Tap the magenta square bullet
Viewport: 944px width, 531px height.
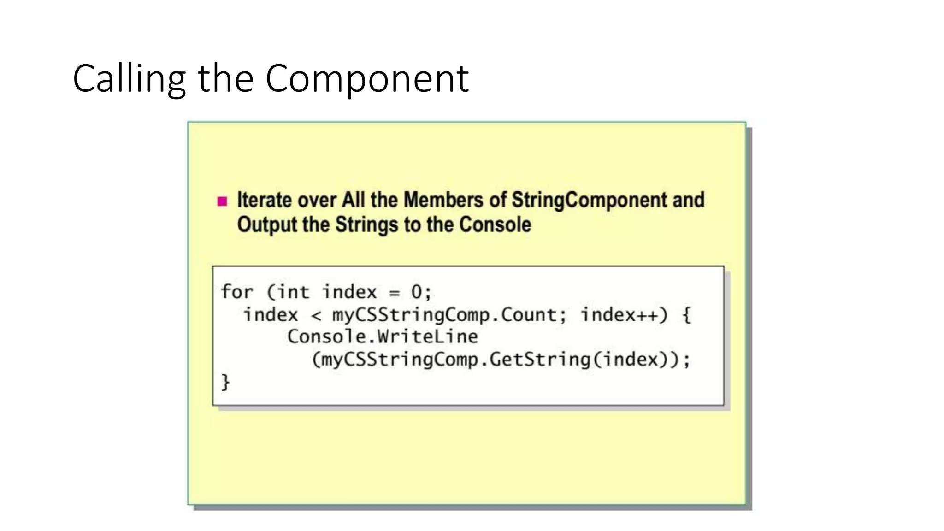[x=222, y=201]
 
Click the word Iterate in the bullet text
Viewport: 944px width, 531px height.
[x=265, y=200]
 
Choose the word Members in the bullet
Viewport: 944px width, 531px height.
[x=443, y=200]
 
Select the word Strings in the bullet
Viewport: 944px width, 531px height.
[x=367, y=225]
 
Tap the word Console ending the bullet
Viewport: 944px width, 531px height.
[x=495, y=225]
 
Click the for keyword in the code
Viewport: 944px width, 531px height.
[x=237, y=292]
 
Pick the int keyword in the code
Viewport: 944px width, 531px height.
[x=292, y=292]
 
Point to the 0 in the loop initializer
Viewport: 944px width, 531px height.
[x=416, y=292]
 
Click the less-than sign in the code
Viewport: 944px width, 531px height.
[x=316, y=316]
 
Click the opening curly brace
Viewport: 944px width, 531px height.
[x=686, y=315]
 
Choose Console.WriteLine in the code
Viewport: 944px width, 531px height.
[x=383, y=336]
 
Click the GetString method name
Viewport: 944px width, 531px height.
[x=540, y=360]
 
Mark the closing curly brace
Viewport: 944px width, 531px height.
[x=225, y=382]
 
